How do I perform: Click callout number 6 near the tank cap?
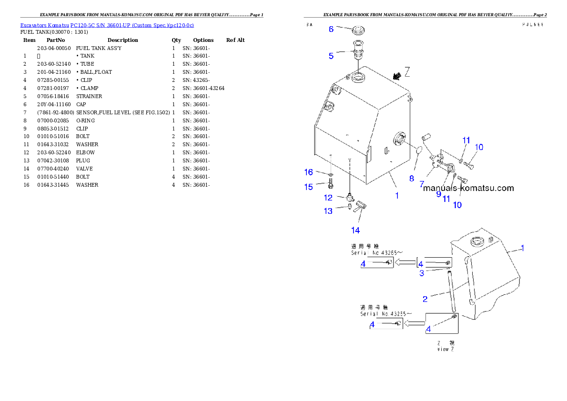coord(331,29)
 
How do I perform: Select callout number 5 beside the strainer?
coord(331,56)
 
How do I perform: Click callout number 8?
coord(411,179)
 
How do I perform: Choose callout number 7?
coord(422,183)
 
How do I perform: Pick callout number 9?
coord(439,194)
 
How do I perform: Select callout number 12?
coord(328,197)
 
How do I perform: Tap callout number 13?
coord(328,211)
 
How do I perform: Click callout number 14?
coord(355,231)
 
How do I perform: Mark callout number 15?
coord(309,187)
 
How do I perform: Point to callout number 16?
coord(309,172)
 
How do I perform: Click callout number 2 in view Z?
coord(425,299)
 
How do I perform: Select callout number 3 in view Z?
coord(422,273)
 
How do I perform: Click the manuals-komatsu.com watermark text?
coord(468,188)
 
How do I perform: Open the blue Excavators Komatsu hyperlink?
coord(107,25)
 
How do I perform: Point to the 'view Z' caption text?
coord(445,349)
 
